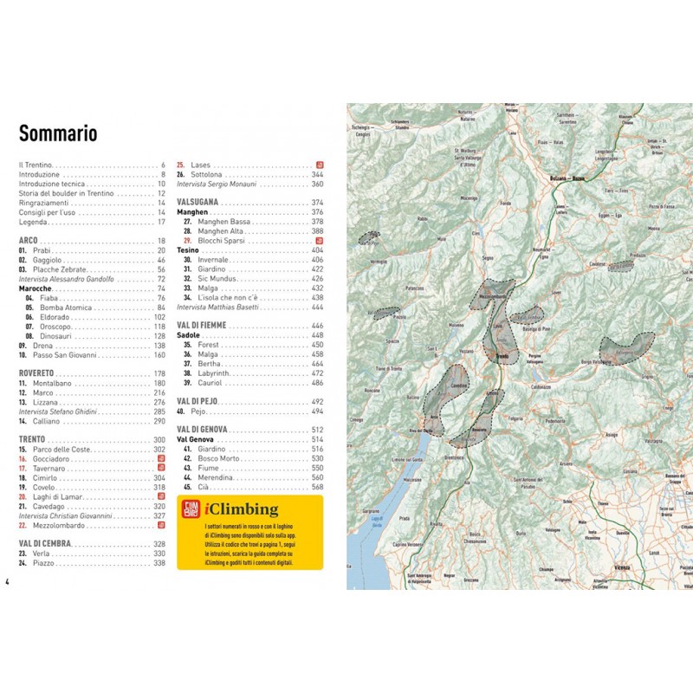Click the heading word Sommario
pyautogui.click(x=58, y=134)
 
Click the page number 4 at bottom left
pyautogui.click(x=7, y=580)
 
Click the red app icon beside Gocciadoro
pyautogui.click(x=161, y=458)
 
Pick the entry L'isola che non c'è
pyautogui.click(x=234, y=296)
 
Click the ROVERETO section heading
pyautogui.click(x=37, y=372)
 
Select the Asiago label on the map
pyautogui.click(x=612, y=432)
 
